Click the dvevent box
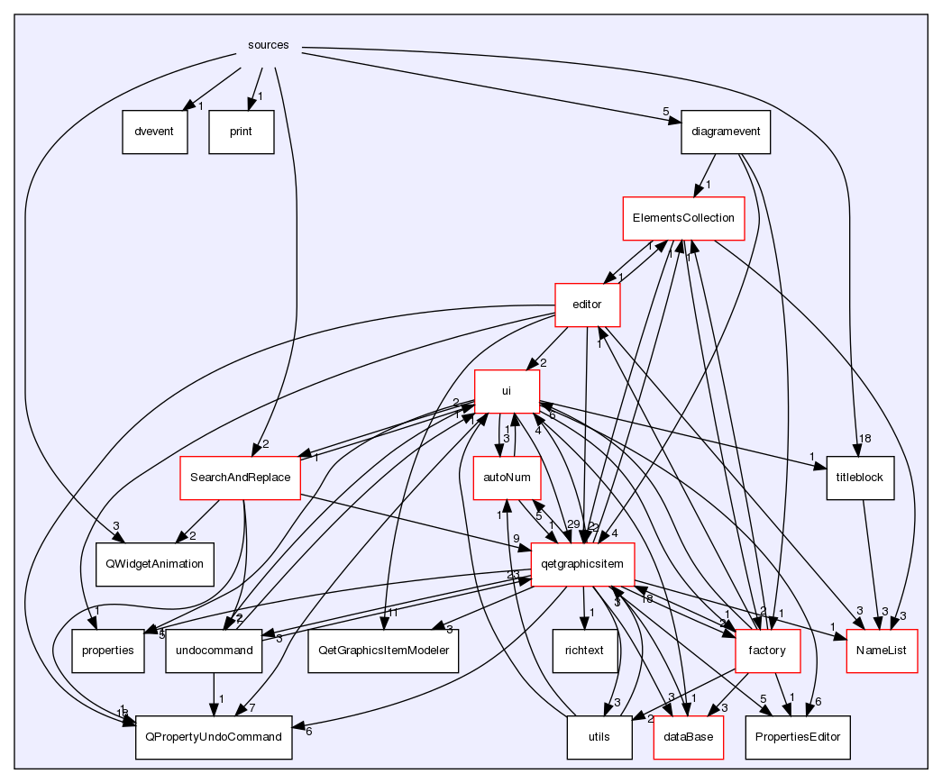coord(154,132)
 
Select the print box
coord(242,132)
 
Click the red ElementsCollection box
coord(684,218)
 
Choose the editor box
coord(587,305)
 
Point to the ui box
coord(507,392)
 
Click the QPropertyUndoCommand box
coord(214,737)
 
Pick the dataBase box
coord(689,737)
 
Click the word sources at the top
coord(269,46)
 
